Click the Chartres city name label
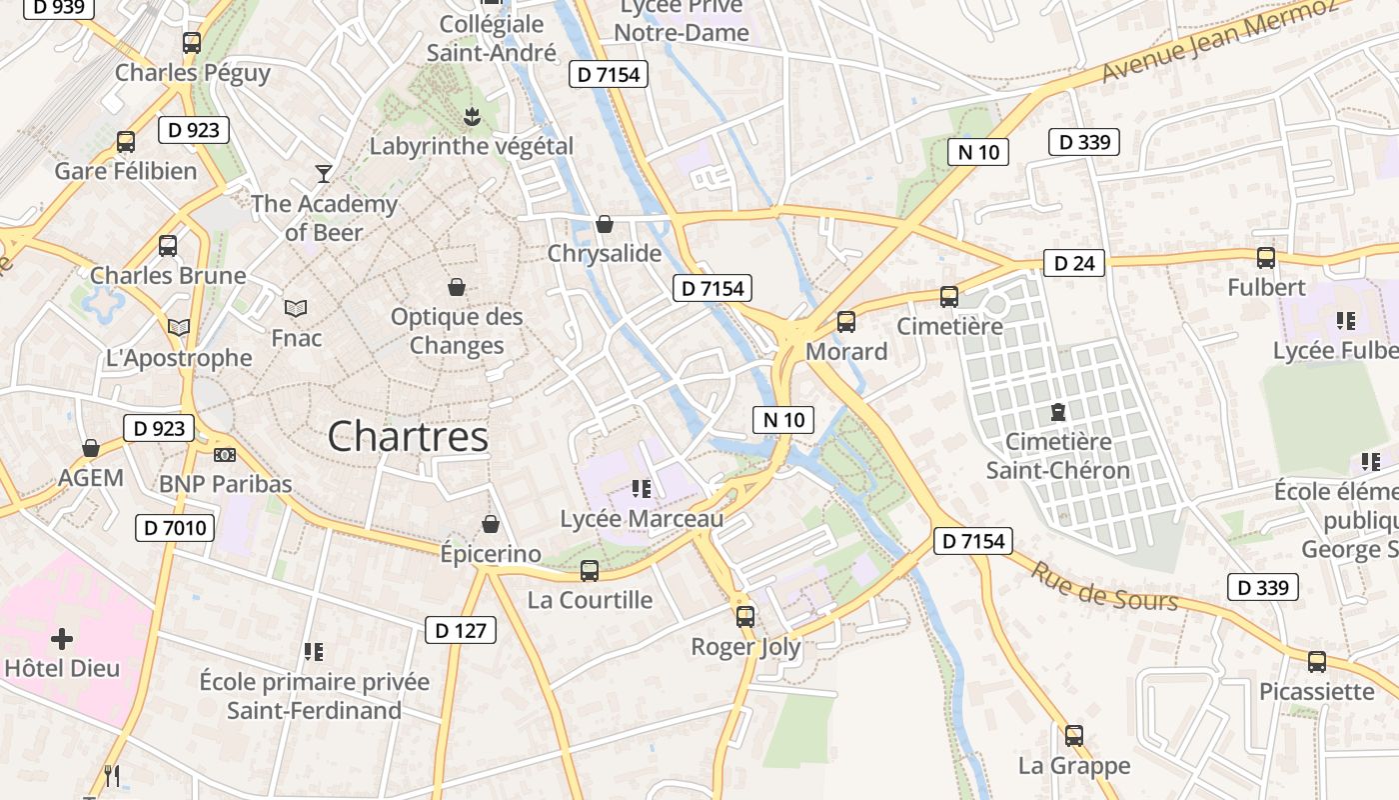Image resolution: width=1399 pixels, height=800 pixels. coord(408,437)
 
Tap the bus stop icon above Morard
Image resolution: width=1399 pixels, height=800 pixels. coord(846,322)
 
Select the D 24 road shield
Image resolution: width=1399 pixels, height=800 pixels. coord(1074,263)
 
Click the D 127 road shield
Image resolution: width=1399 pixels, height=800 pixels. coord(462,630)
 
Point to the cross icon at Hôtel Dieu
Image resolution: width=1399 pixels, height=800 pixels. coord(62,638)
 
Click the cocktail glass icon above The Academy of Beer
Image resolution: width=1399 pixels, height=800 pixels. coord(323,174)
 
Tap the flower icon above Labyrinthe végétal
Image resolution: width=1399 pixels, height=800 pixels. coord(471,117)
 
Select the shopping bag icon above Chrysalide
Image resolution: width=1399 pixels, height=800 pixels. coord(604,224)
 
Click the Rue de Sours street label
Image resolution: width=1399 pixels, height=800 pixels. coord(1104,586)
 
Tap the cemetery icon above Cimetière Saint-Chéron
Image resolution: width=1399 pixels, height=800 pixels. coord(1057,411)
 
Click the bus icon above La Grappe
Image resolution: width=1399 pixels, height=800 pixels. coord(1073,736)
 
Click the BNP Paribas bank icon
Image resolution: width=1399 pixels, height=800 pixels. coord(225,455)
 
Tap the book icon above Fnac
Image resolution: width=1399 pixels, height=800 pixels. coord(296,308)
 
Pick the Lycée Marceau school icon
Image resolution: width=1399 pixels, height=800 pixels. coord(641,489)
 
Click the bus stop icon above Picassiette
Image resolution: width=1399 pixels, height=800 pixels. coord(1316,661)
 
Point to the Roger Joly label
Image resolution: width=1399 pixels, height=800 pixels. coord(745,647)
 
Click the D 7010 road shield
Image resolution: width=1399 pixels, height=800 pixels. coord(175,527)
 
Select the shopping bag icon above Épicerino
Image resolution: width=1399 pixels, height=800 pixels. coord(491,524)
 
